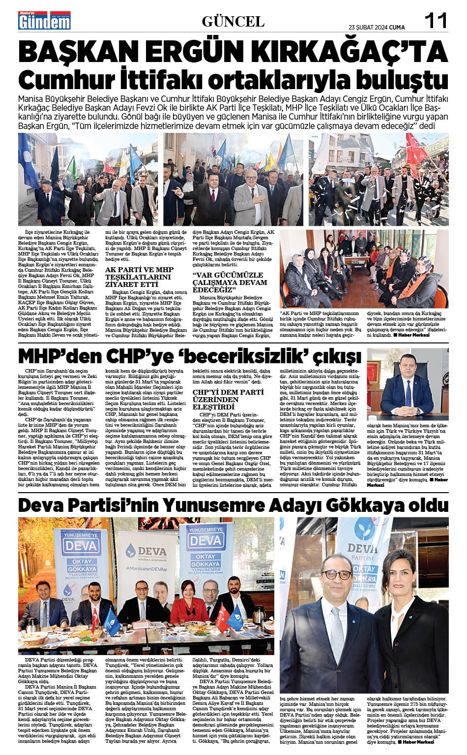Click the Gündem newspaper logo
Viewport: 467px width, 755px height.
pos(44,21)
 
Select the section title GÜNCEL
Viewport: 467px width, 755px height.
pos(233,22)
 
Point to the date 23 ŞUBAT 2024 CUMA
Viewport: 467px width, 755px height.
pos(377,28)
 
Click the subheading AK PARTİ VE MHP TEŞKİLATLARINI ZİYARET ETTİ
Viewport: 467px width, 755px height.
pos(139,277)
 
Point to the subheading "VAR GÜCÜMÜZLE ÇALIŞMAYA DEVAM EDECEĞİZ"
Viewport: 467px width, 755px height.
pos(230,282)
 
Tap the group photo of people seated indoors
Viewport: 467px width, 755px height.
pos(364,269)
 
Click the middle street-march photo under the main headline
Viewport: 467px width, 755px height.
pos(233,179)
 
